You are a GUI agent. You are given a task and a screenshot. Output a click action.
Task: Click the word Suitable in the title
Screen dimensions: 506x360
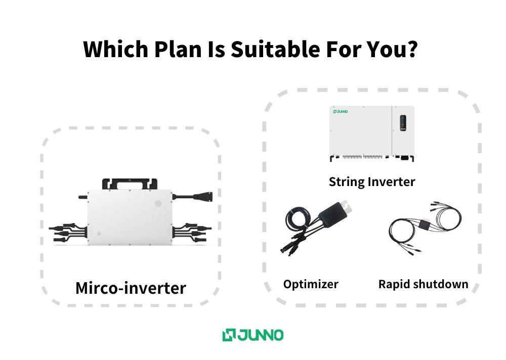(x=275, y=50)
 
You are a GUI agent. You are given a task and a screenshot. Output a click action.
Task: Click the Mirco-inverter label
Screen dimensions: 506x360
(x=131, y=288)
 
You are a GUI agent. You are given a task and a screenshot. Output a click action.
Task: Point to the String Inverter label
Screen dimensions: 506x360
(x=372, y=182)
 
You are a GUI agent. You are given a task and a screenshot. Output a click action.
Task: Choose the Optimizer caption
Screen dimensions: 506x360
(x=311, y=284)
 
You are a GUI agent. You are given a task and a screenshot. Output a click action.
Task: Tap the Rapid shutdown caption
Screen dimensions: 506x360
(x=423, y=284)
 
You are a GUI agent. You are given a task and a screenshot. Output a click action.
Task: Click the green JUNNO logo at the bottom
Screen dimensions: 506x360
(x=253, y=335)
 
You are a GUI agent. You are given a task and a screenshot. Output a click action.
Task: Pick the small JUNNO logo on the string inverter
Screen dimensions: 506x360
(x=341, y=112)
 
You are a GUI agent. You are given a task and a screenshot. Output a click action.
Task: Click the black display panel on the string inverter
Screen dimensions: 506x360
(x=403, y=123)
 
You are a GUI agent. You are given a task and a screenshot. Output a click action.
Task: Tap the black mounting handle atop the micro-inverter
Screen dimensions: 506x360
(x=130, y=184)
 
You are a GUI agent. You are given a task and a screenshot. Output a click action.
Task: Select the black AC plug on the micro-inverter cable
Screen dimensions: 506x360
(x=203, y=196)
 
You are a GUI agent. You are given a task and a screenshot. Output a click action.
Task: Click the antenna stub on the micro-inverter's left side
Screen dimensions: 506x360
(x=83, y=197)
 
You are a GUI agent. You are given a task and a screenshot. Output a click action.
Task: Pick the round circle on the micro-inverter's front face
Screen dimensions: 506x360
(x=158, y=203)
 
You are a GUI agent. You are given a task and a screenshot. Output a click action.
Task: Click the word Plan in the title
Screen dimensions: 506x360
(x=178, y=50)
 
